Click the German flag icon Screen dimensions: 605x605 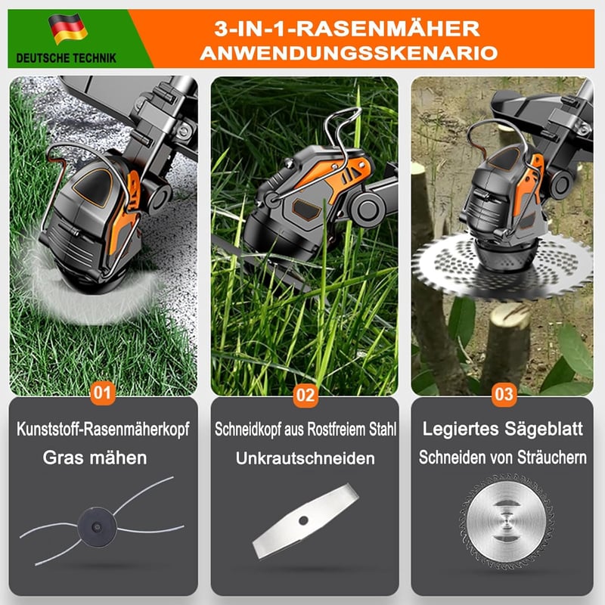(68, 29)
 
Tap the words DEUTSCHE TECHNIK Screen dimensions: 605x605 (67, 58)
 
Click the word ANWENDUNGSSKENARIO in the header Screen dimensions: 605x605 (349, 53)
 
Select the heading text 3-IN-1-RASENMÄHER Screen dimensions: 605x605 (347, 29)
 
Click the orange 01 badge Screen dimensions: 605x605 (103, 392)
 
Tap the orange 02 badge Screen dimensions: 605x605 (306, 395)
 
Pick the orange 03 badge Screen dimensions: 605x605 (504, 394)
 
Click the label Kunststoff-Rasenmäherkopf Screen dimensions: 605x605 (103, 429)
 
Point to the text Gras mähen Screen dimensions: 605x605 (95, 458)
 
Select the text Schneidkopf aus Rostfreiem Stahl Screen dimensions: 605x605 (306, 429)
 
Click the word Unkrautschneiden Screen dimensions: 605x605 (306, 458)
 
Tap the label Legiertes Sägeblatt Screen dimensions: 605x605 (502, 429)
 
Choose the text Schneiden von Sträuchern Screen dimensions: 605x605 (502, 458)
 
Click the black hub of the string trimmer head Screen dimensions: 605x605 (97, 526)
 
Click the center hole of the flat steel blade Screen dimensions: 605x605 (303, 520)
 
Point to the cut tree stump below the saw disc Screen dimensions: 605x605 (506, 343)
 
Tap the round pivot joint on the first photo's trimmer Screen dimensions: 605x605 (157, 197)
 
